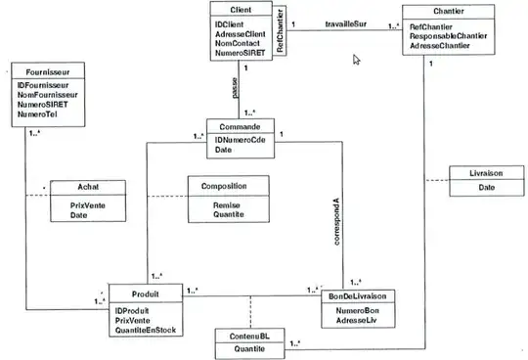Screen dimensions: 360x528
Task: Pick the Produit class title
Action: (143, 293)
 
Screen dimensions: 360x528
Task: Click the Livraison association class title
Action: (480, 173)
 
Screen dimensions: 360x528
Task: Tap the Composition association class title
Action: (224, 186)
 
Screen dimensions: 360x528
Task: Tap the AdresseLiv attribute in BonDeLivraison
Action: (359, 320)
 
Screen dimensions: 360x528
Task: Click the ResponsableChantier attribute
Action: (456, 36)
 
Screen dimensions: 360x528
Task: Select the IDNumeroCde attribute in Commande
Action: (239, 140)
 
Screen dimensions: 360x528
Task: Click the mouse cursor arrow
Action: (357, 60)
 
